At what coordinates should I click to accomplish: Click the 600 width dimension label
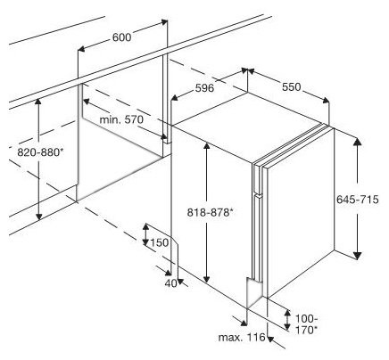pyautogui.click(x=121, y=37)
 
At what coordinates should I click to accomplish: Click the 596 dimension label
pyautogui.click(x=204, y=88)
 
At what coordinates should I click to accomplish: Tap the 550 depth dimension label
pyautogui.click(x=292, y=87)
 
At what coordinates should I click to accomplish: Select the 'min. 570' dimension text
pyautogui.click(x=121, y=119)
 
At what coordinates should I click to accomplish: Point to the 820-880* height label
pyautogui.click(x=40, y=152)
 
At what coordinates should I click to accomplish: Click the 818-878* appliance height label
pyautogui.click(x=210, y=212)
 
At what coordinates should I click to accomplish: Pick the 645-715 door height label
pyautogui.click(x=358, y=199)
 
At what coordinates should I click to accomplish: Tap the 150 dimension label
pyautogui.click(x=160, y=242)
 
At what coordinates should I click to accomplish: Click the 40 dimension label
pyautogui.click(x=170, y=283)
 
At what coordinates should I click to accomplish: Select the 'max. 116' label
pyautogui.click(x=242, y=338)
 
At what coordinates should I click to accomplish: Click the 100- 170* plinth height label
pyautogui.click(x=306, y=324)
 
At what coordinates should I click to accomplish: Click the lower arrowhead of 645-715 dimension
pyautogui.click(x=358, y=256)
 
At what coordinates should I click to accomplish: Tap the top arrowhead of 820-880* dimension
pyautogui.click(x=37, y=102)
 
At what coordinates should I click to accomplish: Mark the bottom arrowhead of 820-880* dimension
pyautogui.click(x=38, y=217)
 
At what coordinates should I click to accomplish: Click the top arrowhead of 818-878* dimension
pyautogui.click(x=206, y=146)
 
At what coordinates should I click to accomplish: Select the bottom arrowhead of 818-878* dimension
pyautogui.click(x=206, y=278)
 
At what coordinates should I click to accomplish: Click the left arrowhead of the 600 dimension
pyautogui.click(x=81, y=48)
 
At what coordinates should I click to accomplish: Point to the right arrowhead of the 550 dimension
pyautogui.click(x=326, y=101)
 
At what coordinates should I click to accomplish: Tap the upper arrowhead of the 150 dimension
pyautogui.click(x=145, y=227)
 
